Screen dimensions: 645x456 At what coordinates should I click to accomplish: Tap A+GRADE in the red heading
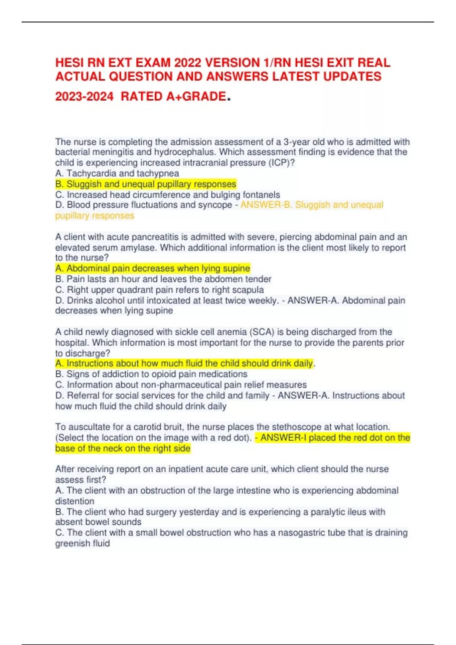[196, 96]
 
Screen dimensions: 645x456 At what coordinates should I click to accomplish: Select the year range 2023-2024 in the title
[84, 96]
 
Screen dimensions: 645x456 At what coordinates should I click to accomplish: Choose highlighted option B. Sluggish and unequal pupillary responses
[146, 184]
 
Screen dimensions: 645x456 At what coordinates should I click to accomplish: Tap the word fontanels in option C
[261, 195]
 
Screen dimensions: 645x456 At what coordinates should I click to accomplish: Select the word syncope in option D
[215, 205]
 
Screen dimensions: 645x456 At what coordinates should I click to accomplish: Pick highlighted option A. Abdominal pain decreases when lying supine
[153, 268]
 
